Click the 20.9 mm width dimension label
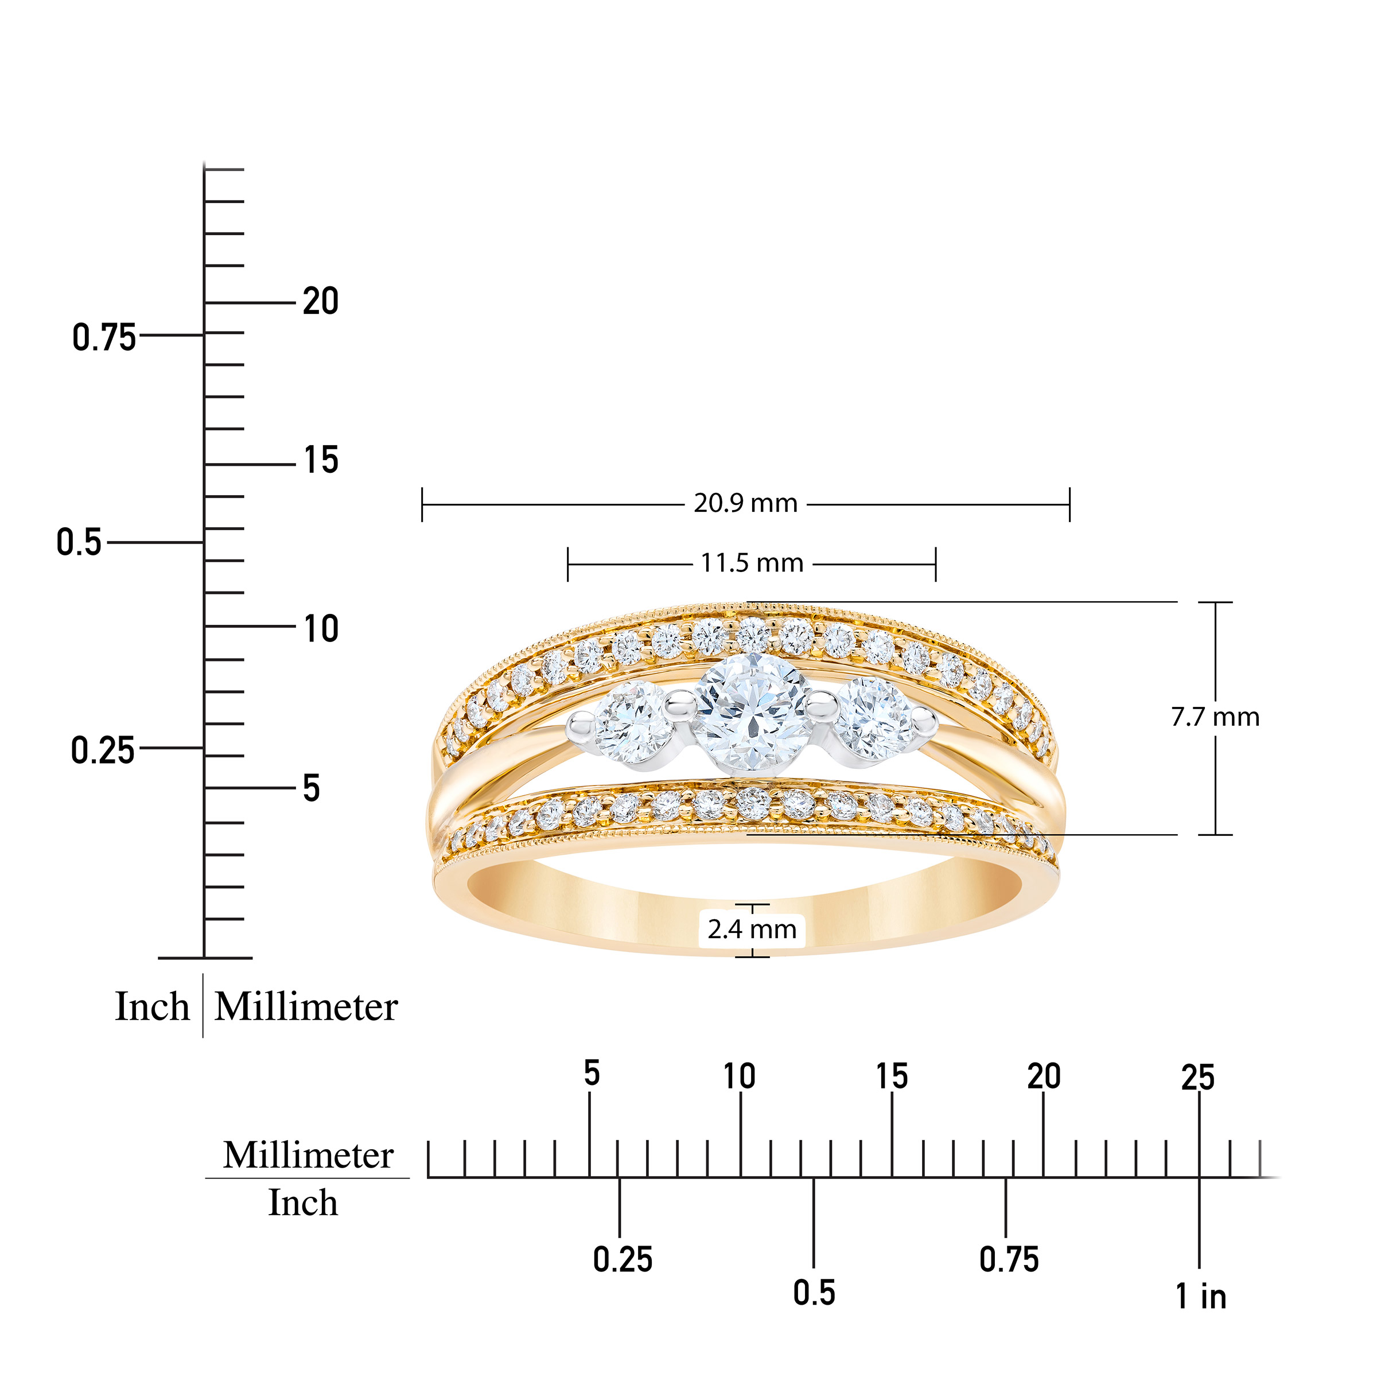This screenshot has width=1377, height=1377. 745,503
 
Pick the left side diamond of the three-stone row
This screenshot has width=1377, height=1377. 632,723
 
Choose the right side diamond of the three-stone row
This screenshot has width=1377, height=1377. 875,718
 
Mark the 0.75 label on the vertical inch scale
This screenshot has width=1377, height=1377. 104,337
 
